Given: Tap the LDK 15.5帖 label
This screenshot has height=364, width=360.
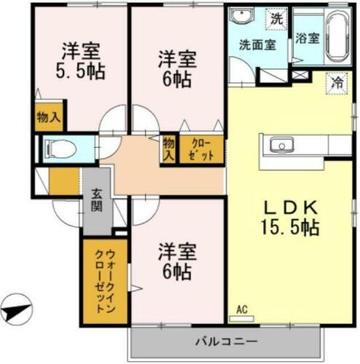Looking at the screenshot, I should click(289, 216).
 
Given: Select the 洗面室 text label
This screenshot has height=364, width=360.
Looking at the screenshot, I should click(257, 44).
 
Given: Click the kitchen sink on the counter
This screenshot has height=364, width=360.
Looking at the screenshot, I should click(281, 145).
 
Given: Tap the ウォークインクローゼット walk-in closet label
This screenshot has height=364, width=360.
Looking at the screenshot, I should click(103, 280).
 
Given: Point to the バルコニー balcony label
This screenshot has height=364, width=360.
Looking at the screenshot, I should click(225, 341).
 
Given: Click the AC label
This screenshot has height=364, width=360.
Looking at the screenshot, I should click(241, 309).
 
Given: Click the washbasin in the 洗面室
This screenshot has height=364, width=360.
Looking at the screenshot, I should click(240, 18).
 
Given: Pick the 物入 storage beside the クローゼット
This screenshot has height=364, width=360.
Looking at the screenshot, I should click(169, 149).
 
